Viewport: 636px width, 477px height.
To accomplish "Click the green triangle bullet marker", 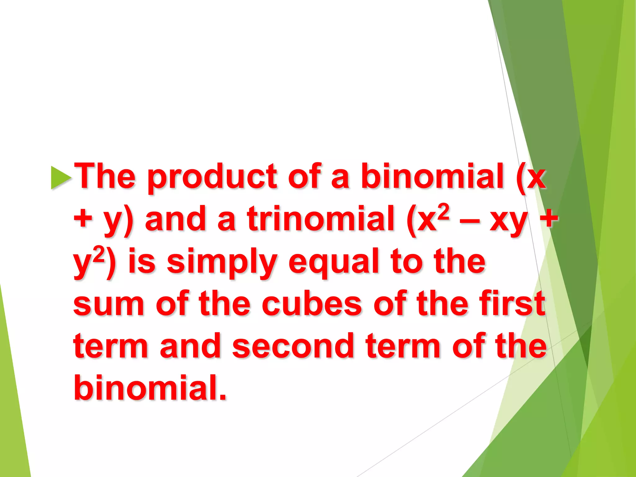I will click(x=61, y=178).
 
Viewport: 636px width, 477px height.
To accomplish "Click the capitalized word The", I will click(x=106, y=176).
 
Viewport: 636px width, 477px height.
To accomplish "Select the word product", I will click(x=212, y=177).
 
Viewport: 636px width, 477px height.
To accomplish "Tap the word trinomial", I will click(x=320, y=219).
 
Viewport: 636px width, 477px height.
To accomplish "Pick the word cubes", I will click(x=312, y=304).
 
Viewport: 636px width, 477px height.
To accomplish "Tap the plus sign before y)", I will click(x=83, y=219).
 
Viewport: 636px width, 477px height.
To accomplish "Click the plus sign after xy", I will click(x=549, y=219).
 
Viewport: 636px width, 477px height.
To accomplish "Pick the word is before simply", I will click(x=142, y=262).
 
